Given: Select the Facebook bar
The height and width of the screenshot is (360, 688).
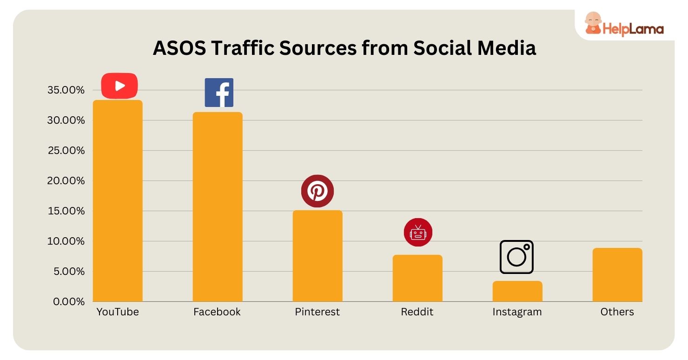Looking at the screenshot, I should pos(218,207).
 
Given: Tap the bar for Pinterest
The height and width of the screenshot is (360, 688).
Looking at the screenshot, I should pos(318,256).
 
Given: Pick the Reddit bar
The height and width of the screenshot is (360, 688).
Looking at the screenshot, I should pos(417,278).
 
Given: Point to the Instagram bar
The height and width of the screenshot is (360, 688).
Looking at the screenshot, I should pos(517,291).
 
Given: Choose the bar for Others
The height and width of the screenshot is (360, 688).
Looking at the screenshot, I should pos(617,275).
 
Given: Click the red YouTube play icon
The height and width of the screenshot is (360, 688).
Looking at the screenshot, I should pos(119,86).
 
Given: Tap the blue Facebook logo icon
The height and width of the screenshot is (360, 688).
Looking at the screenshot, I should pos(219,93).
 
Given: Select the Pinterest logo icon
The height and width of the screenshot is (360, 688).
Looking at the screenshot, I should pos(318,191).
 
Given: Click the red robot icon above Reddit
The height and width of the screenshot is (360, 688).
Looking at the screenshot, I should pos(418,232).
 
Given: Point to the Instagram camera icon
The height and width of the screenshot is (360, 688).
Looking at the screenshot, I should pos(516,257).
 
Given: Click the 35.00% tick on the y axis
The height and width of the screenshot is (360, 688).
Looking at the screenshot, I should pos(66,90).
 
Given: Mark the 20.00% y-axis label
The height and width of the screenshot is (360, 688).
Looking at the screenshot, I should pos(66,181).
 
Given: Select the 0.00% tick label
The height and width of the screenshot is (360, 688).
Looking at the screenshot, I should pos(68,301).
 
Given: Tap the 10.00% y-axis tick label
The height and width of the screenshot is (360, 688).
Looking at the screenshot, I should pos(66,241).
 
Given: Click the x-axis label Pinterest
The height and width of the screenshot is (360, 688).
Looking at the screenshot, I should pos(318,312).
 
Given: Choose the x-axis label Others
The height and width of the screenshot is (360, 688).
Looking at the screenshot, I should pos(617,312).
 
